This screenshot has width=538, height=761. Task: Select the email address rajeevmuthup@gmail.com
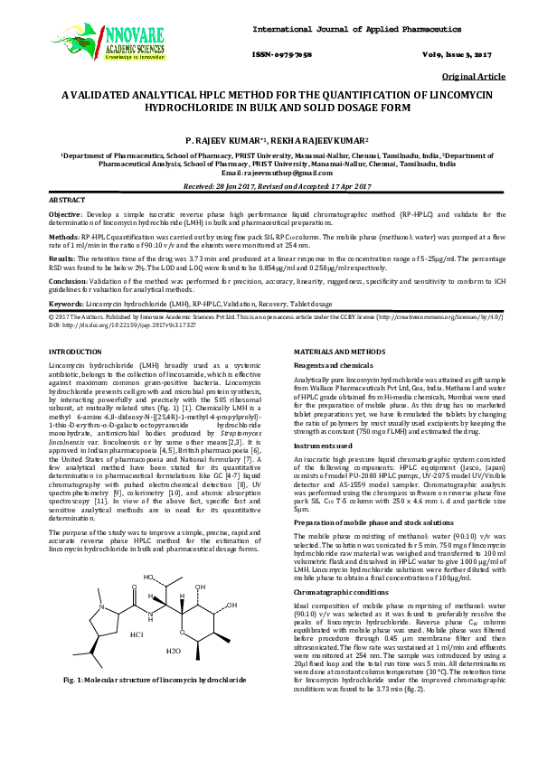point(290,173)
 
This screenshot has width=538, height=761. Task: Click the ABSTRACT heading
point(68,199)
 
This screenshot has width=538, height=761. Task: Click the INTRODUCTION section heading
point(77,350)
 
